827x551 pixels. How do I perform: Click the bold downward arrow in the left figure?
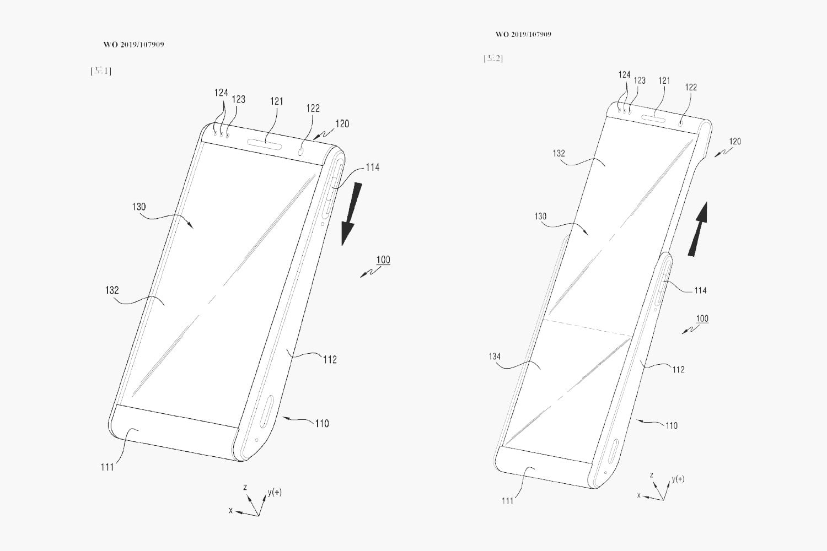coord(351,213)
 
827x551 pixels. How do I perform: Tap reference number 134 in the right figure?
coord(495,356)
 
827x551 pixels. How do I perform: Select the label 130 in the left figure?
coord(139,207)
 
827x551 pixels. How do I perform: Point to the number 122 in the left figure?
coord(313,108)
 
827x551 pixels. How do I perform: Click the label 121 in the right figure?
coord(664,80)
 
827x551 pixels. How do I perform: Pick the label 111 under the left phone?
coord(107,467)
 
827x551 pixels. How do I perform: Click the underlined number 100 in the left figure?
coord(383,260)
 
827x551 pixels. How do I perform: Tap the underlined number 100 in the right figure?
coord(702,318)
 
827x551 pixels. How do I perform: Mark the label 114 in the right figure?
coord(700,290)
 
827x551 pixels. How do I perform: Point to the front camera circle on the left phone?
coord(302,150)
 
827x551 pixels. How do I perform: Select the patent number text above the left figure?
coord(133,45)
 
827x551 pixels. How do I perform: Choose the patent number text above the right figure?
coord(523,34)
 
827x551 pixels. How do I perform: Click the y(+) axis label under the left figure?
coord(274,491)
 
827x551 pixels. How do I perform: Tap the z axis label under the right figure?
coord(651,475)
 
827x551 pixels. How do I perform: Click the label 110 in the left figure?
coord(322,423)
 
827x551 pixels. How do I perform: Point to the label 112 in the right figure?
coord(678,369)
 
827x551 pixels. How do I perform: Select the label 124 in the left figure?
coord(221,93)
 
